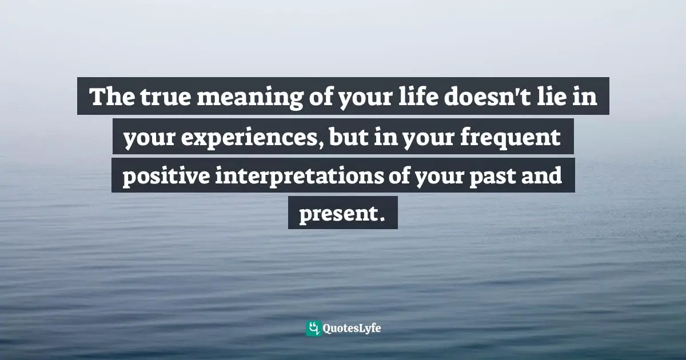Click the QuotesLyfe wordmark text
coord(352,328)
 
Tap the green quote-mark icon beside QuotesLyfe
coord(313,328)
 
